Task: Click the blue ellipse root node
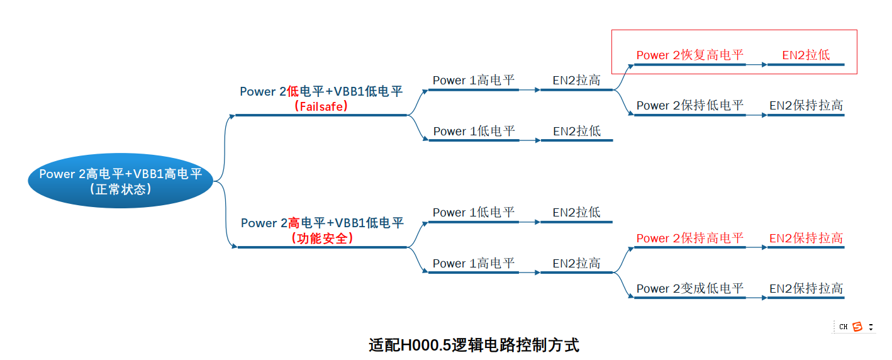click(x=121, y=181)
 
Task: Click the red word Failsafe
click(x=321, y=107)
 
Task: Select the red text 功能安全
click(x=322, y=239)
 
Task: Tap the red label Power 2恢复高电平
click(x=689, y=55)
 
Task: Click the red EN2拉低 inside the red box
click(x=806, y=55)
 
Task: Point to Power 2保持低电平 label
click(x=689, y=106)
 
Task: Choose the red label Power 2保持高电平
click(x=689, y=238)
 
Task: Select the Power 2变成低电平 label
click(x=689, y=288)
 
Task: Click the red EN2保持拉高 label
click(x=806, y=238)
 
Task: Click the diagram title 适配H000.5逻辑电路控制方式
click(x=474, y=346)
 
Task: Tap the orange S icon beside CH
click(x=857, y=327)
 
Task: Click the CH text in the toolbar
click(x=844, y=327)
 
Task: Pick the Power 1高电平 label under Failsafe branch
click(x=474, y=81)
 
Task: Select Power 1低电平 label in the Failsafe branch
click(x=474, y=131)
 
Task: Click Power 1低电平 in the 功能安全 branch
click(x=474, y=213)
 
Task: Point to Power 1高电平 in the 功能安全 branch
click(x=474, y=263)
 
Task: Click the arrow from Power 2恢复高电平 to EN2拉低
click(x=756, y=65)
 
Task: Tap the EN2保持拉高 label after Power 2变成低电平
click(x=806, y=288)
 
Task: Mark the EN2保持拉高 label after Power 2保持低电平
click(x=806, y=106)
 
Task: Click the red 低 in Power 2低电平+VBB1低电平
click(x=293, y=92)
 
